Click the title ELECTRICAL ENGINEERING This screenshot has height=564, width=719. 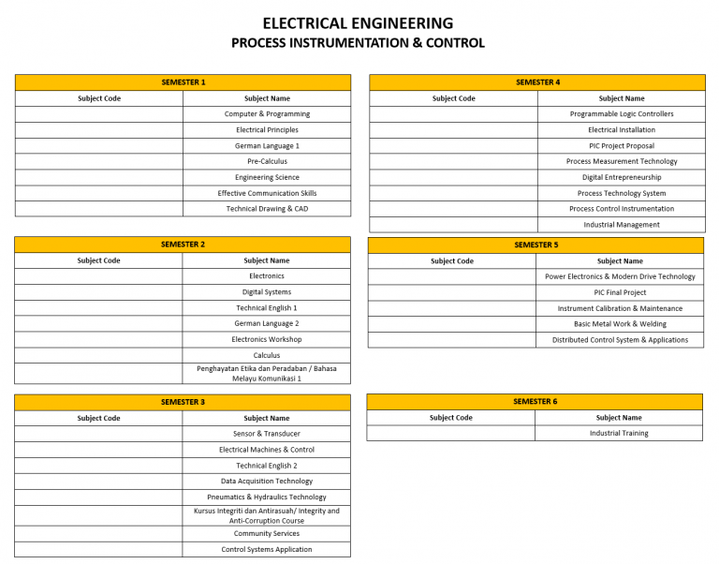[x=358, y=23]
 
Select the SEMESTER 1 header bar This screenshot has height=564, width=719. [x=183, y=82]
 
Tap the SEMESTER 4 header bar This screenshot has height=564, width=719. [x=537, y=82]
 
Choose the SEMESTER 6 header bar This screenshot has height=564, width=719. [x=535, y=402]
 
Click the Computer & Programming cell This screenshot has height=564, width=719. [x=267, y=114]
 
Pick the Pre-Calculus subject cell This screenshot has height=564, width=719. [x=267, y=161]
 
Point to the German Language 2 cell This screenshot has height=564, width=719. [x=267, y=323]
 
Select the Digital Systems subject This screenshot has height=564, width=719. [x=267, y=292]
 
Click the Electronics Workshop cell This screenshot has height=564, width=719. [x=267, y=339]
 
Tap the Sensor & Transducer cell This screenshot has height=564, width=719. [x=267, y=434]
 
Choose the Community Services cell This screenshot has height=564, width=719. [x=267, y=534]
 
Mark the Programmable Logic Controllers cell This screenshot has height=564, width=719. [x=622, y=114]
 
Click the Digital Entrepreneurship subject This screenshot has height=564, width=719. [x=622, y=177]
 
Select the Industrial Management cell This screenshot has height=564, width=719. [x=622, y=225]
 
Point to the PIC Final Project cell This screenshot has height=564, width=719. [x=620, y=292]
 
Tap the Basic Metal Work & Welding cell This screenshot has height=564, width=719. [x=620, y=324]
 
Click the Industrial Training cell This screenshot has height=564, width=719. [x=619, y=434]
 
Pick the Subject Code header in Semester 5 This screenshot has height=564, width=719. [x=452, y=261]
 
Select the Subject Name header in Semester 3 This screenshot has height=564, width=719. [x=267, y=418]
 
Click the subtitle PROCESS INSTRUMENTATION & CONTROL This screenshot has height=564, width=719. [x=358, y=43]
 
